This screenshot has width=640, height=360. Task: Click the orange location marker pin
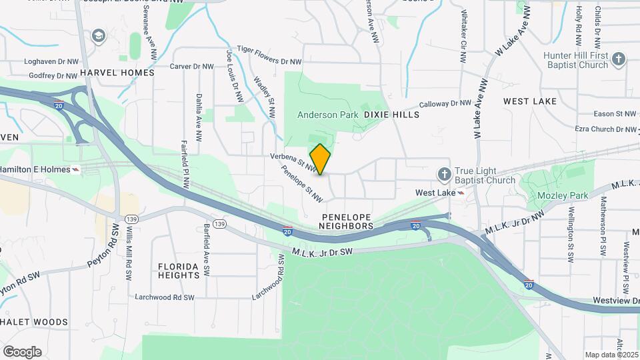321,159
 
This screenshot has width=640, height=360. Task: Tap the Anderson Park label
327,115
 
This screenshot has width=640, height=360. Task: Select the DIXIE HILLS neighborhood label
392,115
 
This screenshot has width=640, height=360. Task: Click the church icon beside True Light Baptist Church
445,175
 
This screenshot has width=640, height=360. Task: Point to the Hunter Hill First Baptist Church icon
619,59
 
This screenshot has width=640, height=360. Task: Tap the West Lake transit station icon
461,192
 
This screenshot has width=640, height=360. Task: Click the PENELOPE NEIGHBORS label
346,222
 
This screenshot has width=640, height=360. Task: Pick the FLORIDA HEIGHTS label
179,270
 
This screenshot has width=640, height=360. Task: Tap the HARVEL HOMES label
117,72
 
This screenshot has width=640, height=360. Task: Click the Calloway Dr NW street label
445,104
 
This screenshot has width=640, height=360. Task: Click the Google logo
22,351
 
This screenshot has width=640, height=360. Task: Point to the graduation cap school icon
99,35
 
